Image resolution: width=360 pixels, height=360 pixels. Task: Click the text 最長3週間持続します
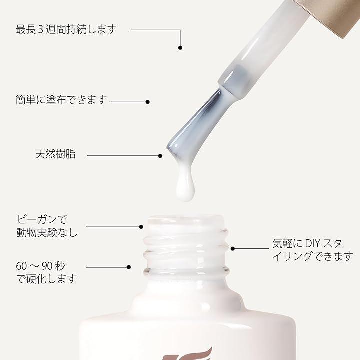point(66,29)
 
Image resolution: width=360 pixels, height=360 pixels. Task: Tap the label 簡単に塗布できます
point(61,100)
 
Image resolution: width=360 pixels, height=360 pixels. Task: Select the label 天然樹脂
point(55,154)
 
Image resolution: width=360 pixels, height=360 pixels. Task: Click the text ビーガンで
point(42,219)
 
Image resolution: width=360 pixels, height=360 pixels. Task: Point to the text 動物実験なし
point(47,233)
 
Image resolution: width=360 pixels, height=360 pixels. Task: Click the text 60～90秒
point(40,266)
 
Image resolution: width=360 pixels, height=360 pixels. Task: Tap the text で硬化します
point(47,279)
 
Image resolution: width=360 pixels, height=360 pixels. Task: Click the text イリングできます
point(313,256)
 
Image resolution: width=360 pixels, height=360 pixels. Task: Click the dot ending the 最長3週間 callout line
point(180,48)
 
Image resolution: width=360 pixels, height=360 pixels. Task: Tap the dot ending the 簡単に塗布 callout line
point(148,102)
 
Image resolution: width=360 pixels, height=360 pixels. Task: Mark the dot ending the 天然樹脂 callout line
point(160,156)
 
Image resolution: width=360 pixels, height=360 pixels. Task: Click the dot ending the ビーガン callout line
point(141,227)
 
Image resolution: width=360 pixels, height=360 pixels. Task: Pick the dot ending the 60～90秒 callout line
point(129,267)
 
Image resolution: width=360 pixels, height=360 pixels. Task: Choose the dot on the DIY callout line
point(233,248)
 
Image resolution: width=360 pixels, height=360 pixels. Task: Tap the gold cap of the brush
point(330,14)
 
